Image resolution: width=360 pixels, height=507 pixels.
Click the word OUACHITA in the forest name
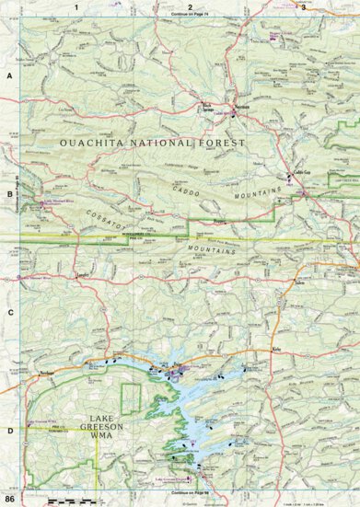(x=99, y=144)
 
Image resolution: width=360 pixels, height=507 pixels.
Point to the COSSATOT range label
(x=109, y=212)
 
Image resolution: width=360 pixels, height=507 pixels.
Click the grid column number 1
(x=77, y=6)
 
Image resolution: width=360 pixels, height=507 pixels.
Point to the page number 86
(x=10, y=499)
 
